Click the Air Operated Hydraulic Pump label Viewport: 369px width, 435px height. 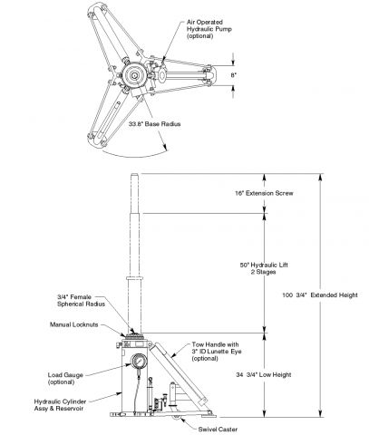click(x=209, y=29)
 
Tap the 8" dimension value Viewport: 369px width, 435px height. click(x=233, y=75)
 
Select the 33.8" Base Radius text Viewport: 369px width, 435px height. click(x=154, y=124)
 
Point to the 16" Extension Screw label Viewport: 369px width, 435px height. click(x=264, y=193)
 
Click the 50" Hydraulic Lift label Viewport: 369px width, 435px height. click(x=264, y=268)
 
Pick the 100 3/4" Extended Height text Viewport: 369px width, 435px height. click(x=320, y=295)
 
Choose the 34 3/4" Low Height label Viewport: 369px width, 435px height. click(x=264, y=374)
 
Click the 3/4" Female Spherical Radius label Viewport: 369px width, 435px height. click(x=81, y=300)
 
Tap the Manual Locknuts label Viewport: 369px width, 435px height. click(x=74, y=324)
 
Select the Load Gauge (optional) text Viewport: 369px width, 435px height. click(x=65, y=379)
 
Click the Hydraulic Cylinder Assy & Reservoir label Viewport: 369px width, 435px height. click(x=60, y=405)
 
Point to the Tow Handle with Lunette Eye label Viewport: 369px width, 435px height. click(x=217, y=352)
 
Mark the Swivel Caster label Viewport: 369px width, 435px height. click(x=218, y=429)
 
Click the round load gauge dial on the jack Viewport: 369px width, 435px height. click(x=139, y=362)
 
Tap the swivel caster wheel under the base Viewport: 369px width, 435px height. click(x=176, y=418)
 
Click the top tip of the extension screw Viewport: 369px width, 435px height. click(x=134, y=174)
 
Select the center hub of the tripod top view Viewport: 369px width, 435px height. click(x=134, y=76)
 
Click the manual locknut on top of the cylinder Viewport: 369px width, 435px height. click(x=134, y=335)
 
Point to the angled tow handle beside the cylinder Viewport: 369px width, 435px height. click(x=179, y=373)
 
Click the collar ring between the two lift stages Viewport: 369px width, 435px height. click(x=134, y=278)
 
